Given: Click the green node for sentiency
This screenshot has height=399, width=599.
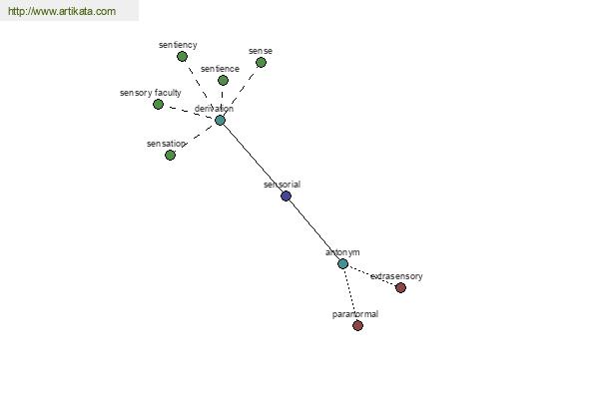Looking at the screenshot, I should click(x=182, y=57).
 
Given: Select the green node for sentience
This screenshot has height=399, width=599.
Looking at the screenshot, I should click(x=223, y=81).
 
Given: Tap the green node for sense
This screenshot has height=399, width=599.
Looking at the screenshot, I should click(x=261, y=63).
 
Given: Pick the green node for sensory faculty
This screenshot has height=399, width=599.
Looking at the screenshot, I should click(x=158, y=105).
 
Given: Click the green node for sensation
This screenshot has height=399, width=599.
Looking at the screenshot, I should click(x=170, y=156).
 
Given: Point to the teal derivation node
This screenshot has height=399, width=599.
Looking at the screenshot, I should click(x=220, y=121).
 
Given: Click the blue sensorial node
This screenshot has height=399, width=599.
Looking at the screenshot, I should click(x=286, y=197).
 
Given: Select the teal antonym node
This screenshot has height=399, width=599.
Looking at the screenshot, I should click(x=342, y=264).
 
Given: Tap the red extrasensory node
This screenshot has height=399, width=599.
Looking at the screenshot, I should click(x=400, y=288).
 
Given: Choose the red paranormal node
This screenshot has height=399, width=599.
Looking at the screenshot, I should click(x=357, y=326).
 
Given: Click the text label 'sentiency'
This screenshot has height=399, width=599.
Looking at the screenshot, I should click(x=178, y=45).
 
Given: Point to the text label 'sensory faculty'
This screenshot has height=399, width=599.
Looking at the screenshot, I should click(x=150, y=93).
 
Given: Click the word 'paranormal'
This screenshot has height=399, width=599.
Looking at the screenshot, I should click(x=355, y=314).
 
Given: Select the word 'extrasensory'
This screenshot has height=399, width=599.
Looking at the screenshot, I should click(x=396, y=276).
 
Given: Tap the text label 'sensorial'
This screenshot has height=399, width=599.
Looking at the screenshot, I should click(x=283, y=185).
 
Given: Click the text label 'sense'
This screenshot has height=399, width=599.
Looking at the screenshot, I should click(x=261, y=51).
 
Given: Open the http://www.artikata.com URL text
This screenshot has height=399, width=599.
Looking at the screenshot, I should click(x=61, y=12).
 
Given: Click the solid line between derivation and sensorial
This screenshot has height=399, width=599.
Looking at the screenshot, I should click(x=253, y=159).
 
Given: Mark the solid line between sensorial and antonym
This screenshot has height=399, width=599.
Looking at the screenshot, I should click(x=313, y=229).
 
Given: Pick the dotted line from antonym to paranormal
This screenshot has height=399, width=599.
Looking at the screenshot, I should click(x=350, y=296).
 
